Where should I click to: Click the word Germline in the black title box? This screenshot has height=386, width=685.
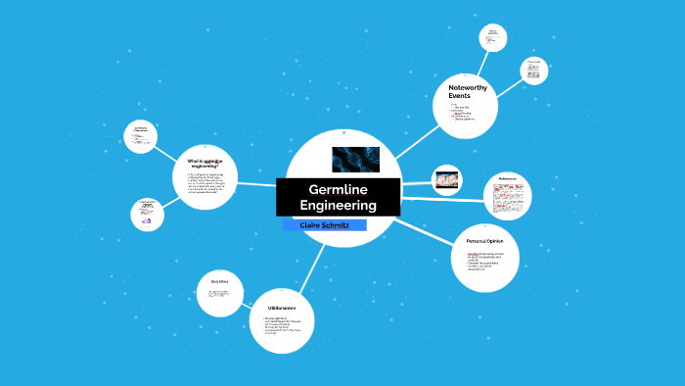(x=338, y=189)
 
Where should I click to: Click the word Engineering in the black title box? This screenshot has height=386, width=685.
(x=338, y=206)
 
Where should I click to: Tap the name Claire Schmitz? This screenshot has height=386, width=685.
(x=324, y=225)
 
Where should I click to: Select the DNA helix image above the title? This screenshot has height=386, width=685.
(x=355, y=160)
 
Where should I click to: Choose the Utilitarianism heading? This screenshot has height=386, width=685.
(x=282, y=308)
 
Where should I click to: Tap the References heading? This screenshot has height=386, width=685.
(x=507, y=179)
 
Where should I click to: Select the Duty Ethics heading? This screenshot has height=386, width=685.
(x=219, y=282)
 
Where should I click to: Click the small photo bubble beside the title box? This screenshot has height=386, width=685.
(x=446, y=179)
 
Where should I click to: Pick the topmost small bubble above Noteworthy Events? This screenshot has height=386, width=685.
(x=493, y=37)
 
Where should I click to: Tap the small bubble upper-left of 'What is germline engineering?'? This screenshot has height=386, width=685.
(x=141, y=136)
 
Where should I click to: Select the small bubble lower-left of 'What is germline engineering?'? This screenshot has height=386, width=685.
(x=146, y=214)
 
